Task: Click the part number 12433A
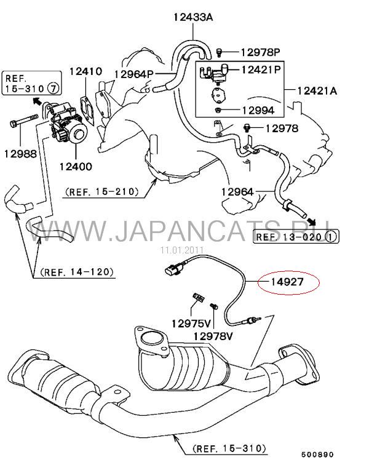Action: pyautogui.click(x=193, y=17)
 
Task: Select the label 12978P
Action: pyautogui.click(x=260, y=52)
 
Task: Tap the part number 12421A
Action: pyautogui.click(x=317, y=90)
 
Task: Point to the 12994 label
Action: pyautogui.click(x=258, y=110)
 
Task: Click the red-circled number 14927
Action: pyautogui.click(x=287, y=282)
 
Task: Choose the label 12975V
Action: pyautogui.click(x=191, y=324)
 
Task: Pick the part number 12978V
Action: pyautogui.click(x=213, y=336)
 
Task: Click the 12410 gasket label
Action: pyautogui.click(x=85, y=71)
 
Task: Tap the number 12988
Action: pyautogui.click(x=20, y=154)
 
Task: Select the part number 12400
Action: pyautogui.click(x=76, y=166)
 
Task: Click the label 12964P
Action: pyautogui.click(x=133, y=74)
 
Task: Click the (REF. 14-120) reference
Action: pyautogui.click(x=77, y=272)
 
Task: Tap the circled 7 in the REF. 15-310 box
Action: pyautogui.click(x=54, y=88)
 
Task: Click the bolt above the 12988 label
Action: pyautogui.click(x=24, y=121)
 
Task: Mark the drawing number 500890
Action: pyautogui.click(x=317, y=455)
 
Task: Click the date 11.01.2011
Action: pyautogui.click(x=182, y=250)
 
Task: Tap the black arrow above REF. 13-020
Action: pyautogui.click(x=311, y=221)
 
